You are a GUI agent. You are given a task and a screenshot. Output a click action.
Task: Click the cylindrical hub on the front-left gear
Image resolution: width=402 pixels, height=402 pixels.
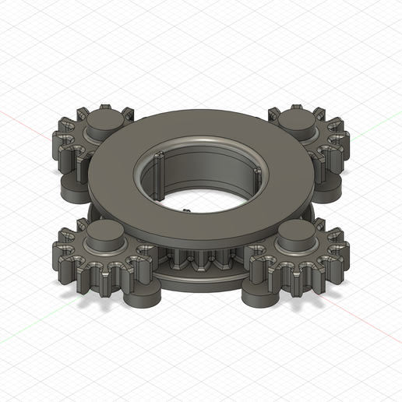(102, 235)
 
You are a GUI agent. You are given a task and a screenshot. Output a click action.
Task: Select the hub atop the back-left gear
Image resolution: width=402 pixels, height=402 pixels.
(102, 121)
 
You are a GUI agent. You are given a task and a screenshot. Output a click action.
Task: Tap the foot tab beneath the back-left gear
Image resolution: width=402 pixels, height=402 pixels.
(69, 187)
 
